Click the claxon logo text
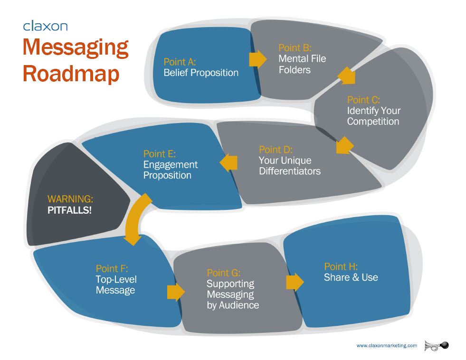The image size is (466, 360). [x=46, y=26]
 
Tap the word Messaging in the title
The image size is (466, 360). [x=76, y=48]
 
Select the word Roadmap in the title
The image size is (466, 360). [x=71, y=74]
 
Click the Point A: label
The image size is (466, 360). [x=180, y=62]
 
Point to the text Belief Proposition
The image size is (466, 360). [x=201, y=73]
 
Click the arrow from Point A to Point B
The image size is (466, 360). [x=258, y=59]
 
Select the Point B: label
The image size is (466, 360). [x=295, y=48]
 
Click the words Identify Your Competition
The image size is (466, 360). [x=374, y=116]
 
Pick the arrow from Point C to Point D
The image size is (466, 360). [x=345, y=145]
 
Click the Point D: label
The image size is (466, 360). [x=276, y=150]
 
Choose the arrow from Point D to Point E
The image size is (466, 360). [x=228, y=162]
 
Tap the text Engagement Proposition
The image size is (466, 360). [x=170, y=170]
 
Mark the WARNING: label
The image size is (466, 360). [x=70, y=199]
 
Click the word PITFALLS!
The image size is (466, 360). [x=69, y=210]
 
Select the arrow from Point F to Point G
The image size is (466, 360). [x=176, y=292]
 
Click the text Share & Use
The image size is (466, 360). [x=351, y=277]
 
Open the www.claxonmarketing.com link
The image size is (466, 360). [x=387, y=345]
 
